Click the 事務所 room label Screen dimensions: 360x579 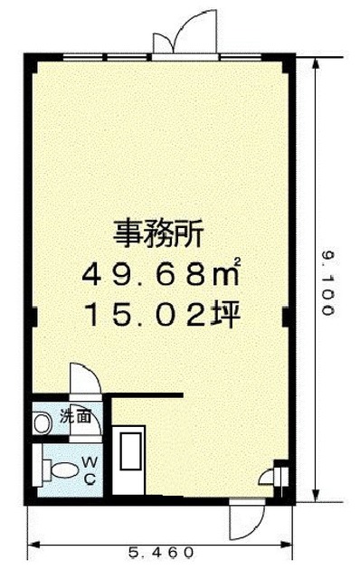pyautogui.click(x=158, y=233)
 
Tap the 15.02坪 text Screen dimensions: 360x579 pyautogui.click(x=163, y=314)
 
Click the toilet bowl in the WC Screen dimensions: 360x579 pyautogui.click(x=62, y=470)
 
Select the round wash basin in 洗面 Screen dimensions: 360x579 pyautogui.click(x=42, y=424)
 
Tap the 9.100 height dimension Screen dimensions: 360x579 pyautogui.click(x=328, y=283)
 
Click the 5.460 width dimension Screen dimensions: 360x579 pyautogui.click(x=161, y=553)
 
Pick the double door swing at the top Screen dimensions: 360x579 pyautogui.click(x=185, y=33)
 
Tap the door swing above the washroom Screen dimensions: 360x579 pyautogui.click(x=85, y=378)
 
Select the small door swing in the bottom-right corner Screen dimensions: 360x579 pyautogui.click(x=267, y=476)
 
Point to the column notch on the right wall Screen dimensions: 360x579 pyautogui.click(x=285, y=317)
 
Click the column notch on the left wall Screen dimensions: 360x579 pyautogui.click(x=34, y=317)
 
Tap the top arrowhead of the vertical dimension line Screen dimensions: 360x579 pyautogui.click(x=316, y=63)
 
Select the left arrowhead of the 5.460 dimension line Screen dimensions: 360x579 pyautogui.click(x=34, y=545)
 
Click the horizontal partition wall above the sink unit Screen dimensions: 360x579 pyautogui.click(x=147, y=395)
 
